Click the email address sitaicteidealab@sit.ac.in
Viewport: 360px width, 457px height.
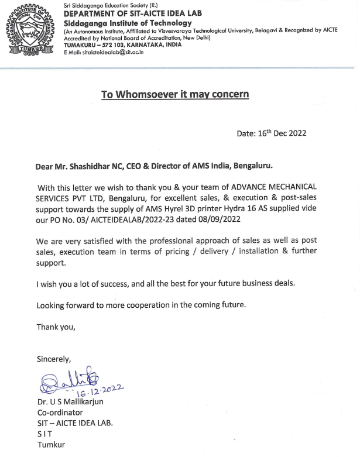111,52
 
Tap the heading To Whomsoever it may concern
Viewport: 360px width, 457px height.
175,95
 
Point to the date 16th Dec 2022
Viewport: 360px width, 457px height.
271,133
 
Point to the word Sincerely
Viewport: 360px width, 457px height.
54,359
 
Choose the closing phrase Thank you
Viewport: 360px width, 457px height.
56,327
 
